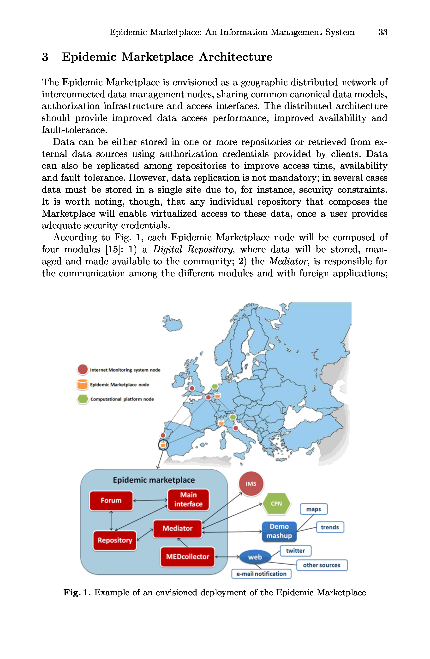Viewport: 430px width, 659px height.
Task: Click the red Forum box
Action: point(111,500)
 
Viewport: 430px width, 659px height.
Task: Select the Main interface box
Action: point(188,499)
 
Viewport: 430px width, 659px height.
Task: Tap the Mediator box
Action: point(177,529)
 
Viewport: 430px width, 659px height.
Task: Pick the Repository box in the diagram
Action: point(115,540)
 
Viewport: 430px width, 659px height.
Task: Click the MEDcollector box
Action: point(187,556)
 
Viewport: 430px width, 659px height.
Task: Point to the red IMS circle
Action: point(251,484)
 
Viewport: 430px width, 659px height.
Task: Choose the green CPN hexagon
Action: point(276,504)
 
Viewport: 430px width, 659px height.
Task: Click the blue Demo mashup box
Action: point(279,531)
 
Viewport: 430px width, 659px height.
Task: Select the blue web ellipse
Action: point(255,557)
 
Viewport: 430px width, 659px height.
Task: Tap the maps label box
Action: point(314,509)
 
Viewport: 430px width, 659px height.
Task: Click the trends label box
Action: point(330,527)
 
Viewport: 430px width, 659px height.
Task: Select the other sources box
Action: point(322,565)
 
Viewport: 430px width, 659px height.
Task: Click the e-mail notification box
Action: point(261,574)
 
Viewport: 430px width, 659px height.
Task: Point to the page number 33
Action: point(382,32)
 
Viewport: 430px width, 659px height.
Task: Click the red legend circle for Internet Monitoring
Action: point(83,369)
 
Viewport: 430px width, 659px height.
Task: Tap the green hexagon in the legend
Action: point(83,399)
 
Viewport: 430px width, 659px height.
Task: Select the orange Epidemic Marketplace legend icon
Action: point(83,384)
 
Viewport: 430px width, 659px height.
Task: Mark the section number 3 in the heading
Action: point(45,57)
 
